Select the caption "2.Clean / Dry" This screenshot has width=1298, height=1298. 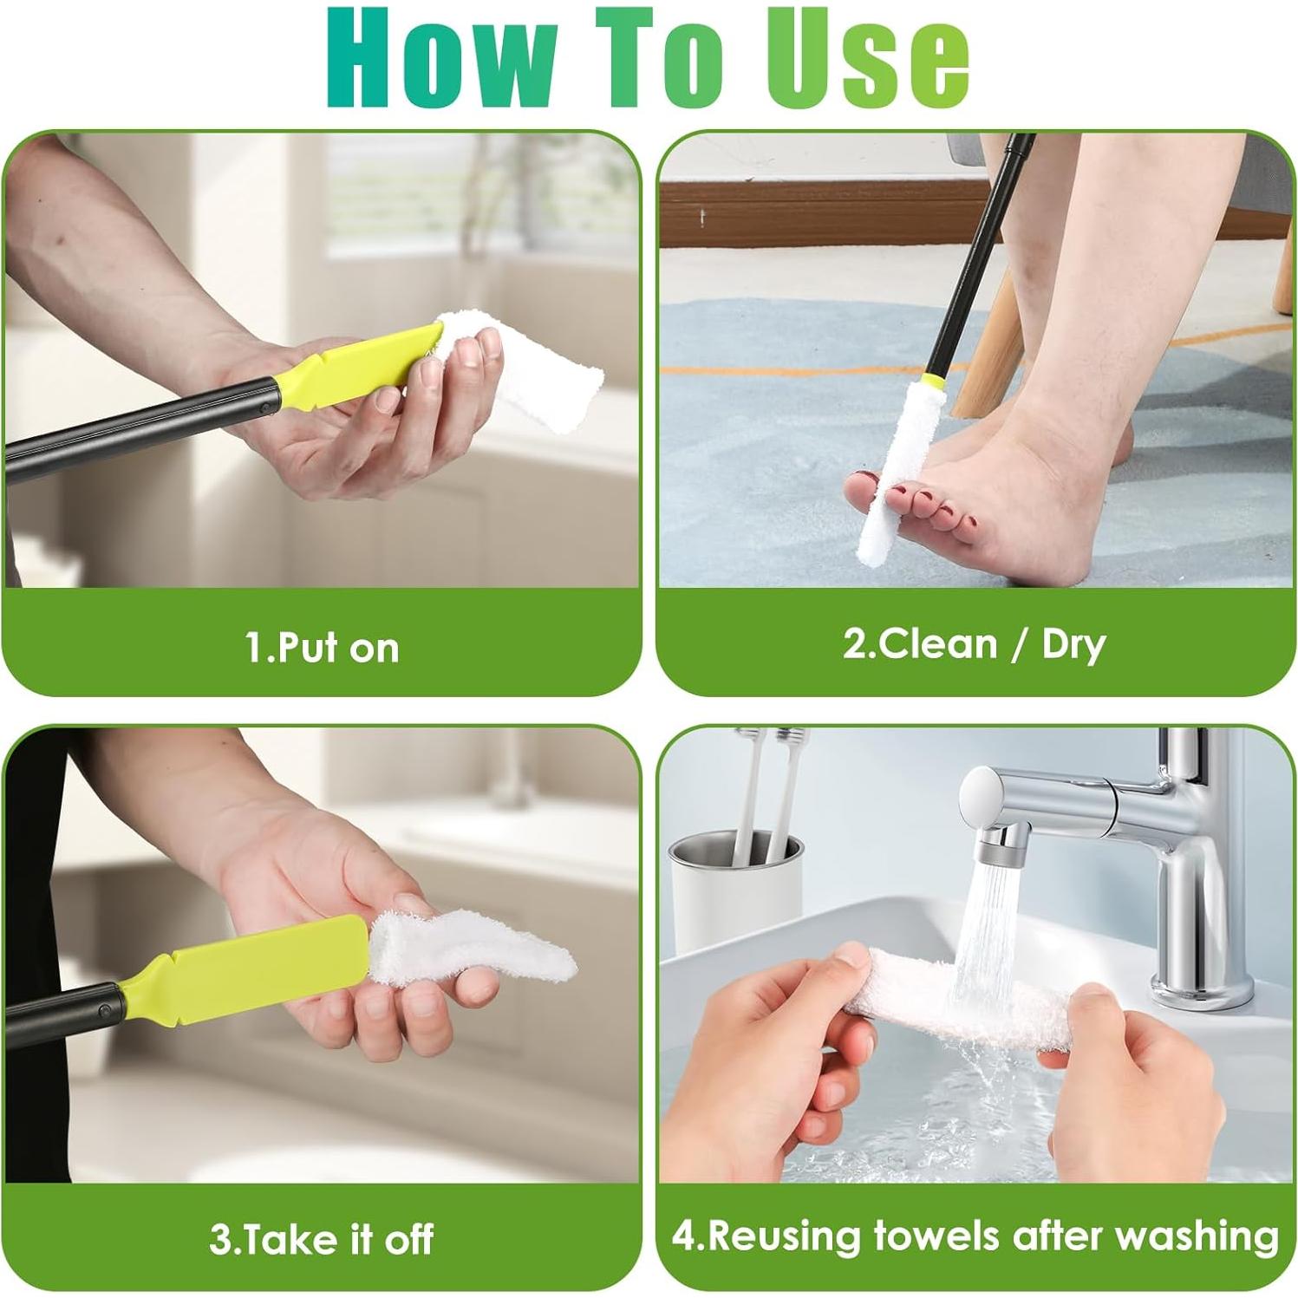(974, 645)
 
